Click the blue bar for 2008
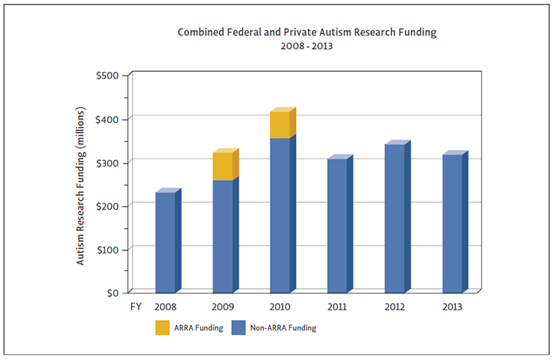[x=165, y=242]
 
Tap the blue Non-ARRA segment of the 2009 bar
[x=222, y=236]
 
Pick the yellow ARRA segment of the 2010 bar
[x=279, y=125]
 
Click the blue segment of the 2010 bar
[x=279, y=215]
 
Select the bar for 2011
[x=337, y=225]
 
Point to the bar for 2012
[x=394, y=218]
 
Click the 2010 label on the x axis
[x=279, y=306]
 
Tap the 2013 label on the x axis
[x=451, y=306]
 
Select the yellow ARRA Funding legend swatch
[x=163, y=327]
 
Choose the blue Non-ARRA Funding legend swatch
[x=239, y=327]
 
